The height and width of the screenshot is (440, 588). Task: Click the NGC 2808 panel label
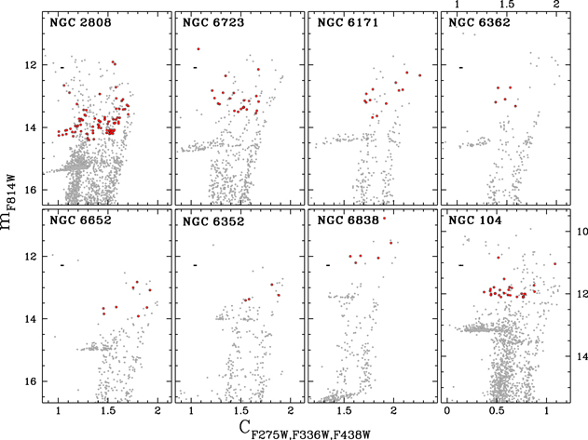pyautogui.click(x=80, y=21)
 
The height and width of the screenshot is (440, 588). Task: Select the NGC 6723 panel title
pyautogui.click(x=213, y=21)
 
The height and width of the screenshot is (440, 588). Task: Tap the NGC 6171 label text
pyautogui.click(x=346, y=21)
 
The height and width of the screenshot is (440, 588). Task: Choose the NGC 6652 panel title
pyautogui.click(x=80, y=220)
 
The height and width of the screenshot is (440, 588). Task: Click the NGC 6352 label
pyautogui.click(x=213, y=220)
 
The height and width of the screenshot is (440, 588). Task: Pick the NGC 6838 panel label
pyautogui.click(x=346, y=220)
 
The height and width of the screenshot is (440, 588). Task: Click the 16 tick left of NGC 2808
pyautogui.click(x=30, y=190)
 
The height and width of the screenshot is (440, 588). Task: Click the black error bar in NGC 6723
pyautogui.click(x=195, y=67)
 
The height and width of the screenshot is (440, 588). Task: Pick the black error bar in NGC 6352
pyautogui.click(x=195, y=265)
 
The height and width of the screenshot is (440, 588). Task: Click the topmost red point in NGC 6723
pyautogui.click(x=198, y=48)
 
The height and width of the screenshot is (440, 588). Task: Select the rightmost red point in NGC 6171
pyautogui.click(x=420, y=75)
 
